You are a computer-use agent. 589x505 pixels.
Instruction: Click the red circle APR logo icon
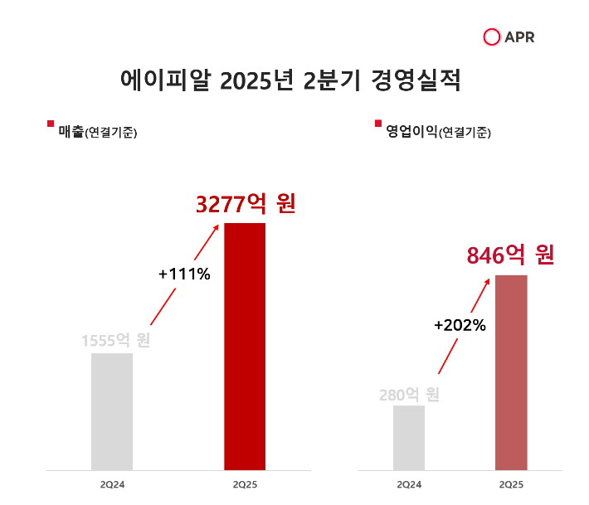pyautogui.click(x=492, y=37)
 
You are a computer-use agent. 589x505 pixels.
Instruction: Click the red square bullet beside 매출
pyautogui.click(x=51, y=124)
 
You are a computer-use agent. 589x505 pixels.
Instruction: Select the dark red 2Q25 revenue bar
pyautogui.click(x=245, y=346)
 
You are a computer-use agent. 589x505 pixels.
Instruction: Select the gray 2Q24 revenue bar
pyautogui.click(x=112, y=410)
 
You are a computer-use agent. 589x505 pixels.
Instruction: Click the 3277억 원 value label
pyautogui.click(x=246, y=204)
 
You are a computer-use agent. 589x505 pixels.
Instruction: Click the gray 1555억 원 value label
pyautogui.click(x=115, y=340)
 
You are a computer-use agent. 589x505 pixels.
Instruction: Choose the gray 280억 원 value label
pyautogui.click(x=409, y=395)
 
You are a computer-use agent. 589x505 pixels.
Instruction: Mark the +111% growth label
pyautogui.click(x=184, y=274)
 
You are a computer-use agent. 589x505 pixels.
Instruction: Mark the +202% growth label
pyautogui.click(x=460, y=325)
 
